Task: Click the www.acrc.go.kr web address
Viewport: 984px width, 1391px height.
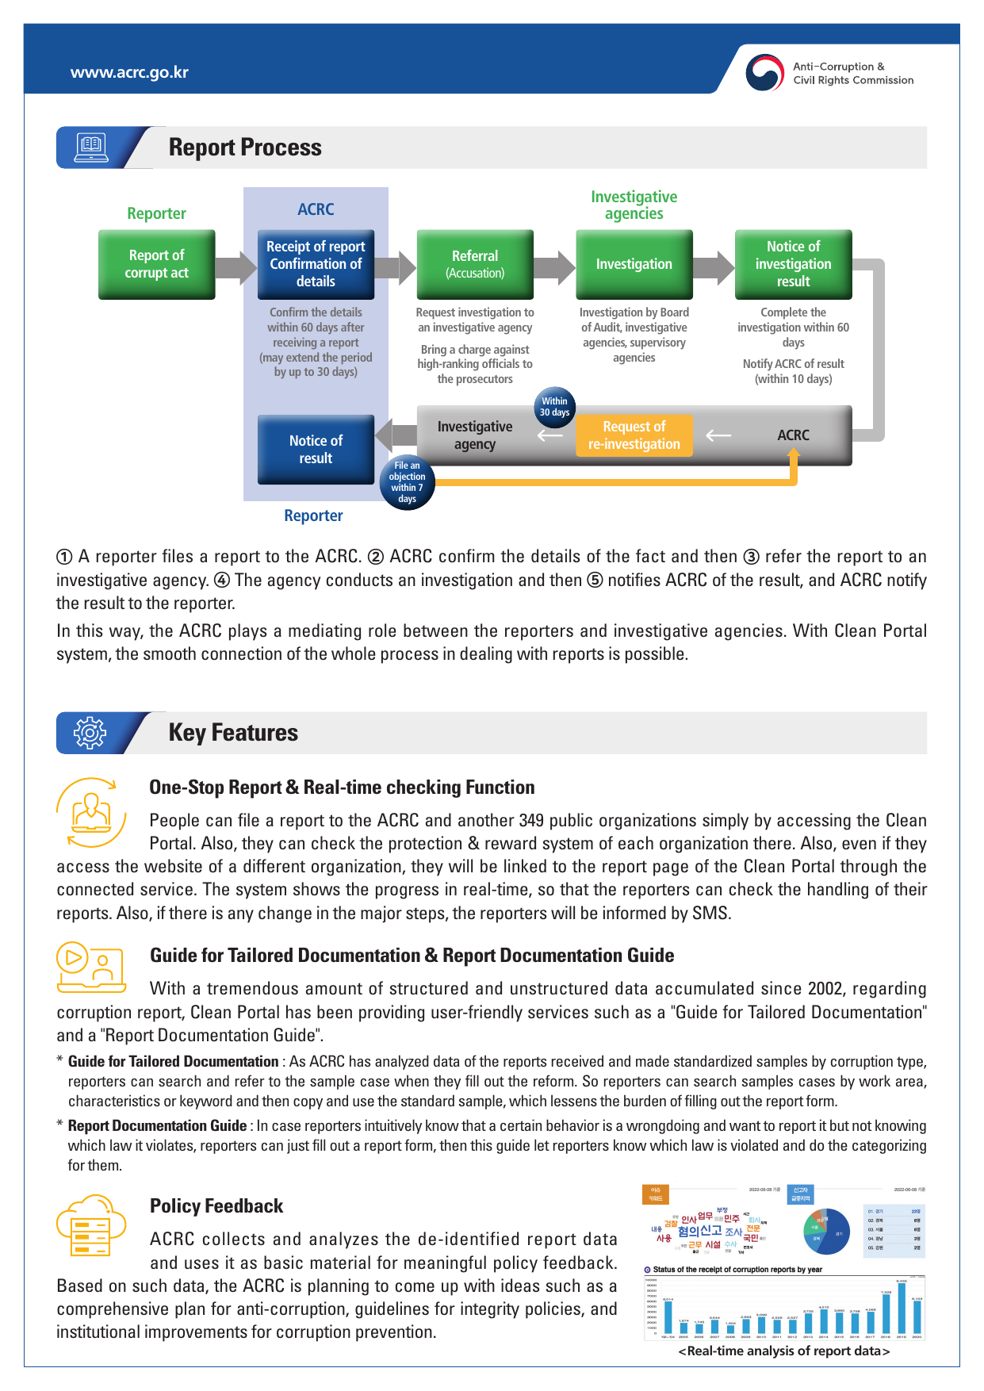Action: point(129,72)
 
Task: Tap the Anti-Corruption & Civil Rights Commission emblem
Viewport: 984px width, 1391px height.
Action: point(764,73)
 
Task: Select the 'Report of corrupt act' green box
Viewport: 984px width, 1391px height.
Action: point(156,264)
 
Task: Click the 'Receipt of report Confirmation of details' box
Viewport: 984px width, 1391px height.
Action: point(316,264)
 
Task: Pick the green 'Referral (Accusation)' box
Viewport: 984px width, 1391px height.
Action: point(475,264)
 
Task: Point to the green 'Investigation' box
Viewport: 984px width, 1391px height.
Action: point(634,264)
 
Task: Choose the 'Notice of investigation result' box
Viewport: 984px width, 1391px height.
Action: point(793,264)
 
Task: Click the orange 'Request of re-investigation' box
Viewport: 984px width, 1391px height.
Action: point(634,435)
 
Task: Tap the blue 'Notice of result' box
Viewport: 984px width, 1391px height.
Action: point(316,450)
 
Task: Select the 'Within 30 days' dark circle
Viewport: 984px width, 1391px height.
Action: point(554,407)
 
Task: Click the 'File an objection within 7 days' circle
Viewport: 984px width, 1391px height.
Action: point(407,482)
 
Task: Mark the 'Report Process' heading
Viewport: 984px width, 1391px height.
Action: point(245,148)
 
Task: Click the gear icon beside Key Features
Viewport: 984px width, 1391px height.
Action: point(90,733)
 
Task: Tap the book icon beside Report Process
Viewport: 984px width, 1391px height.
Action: point(91,148)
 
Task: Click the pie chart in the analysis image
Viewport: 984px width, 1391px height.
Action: point(828,1232)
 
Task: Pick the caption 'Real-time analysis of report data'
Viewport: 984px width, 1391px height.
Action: point(783,1351)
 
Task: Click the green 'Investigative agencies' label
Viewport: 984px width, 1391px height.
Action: point(634,205)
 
